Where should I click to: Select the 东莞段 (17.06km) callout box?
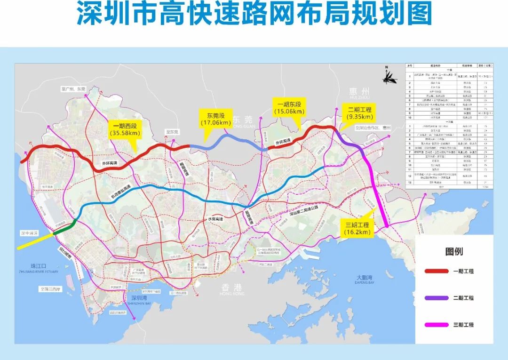tap(215, 119)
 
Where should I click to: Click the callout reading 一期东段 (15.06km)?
tap(286, 106)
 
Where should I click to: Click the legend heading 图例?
tap(454, 252)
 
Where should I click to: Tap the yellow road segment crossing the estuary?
tap(35, 240)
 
